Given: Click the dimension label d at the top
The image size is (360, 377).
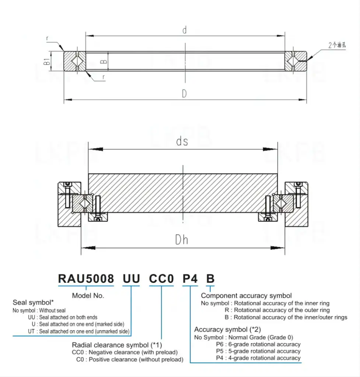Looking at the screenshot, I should pyautogui.click(x=185, y=31).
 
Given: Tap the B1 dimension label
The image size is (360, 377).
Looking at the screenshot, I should pyautogui.click(x=47, y=61).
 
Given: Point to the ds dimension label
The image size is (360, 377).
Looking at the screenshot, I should pyautogui.click(x=182, y=141).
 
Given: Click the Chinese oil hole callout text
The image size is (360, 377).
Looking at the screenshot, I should pyautogui.click(x=337, y=46).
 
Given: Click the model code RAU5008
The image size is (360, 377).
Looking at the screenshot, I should pyautogui.click(x=86, y=279).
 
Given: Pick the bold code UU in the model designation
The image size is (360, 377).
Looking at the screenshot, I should pyautogui.click(x=131, y=279).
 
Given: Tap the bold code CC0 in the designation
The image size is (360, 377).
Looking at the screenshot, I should pyautogui.click(x=161, y=279).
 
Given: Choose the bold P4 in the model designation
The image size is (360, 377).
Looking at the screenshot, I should pyautogui.click(x=191, y=279).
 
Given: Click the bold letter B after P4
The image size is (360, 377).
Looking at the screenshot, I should pyautogui.click(x=210, y=279).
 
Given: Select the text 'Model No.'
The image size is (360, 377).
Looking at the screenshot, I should pyautogui.click(x=88, y=295).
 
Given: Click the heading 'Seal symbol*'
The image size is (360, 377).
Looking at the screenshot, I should pyautogui.click(x=33, y=303).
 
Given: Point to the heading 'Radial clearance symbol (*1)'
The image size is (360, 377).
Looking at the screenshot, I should pyautogui.click(x=117, y=345).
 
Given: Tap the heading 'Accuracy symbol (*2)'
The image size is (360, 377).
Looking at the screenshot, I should pyautogui.click(x=227, y=330).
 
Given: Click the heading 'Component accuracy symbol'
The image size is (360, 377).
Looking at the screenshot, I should pyautogui.click(x=246, y=296).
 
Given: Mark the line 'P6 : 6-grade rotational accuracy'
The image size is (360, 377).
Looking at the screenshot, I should pyautogui.click(x=258, y=344).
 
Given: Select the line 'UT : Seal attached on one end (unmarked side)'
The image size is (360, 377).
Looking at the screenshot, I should pyautogui.click(x=78, y=331).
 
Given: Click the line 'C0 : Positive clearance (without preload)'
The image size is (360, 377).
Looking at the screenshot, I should pyautogui.click(x=129, y=359).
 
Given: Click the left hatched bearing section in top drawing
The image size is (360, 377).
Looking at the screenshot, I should pyautogui.click(x=75, y=61).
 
